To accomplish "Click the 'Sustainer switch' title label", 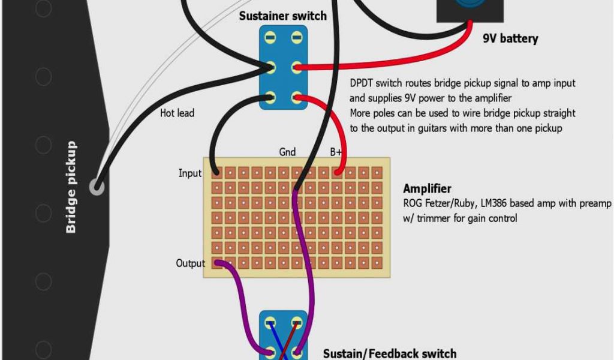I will point(282,16).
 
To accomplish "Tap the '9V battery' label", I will point(510,39).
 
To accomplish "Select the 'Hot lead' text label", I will point(177,112).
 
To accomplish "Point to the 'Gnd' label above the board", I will point(287,152).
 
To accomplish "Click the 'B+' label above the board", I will point(336,152).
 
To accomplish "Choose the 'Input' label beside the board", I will point(190,173).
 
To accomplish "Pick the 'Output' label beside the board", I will point(190,263).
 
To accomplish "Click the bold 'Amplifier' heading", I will point(427,189).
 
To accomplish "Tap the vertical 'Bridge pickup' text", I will point(71,187).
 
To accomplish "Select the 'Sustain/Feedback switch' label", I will point(390,353).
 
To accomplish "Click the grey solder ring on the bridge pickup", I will point(97,187).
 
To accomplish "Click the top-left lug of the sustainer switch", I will point(270,38).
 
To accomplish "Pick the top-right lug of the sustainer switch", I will point(296,38).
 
